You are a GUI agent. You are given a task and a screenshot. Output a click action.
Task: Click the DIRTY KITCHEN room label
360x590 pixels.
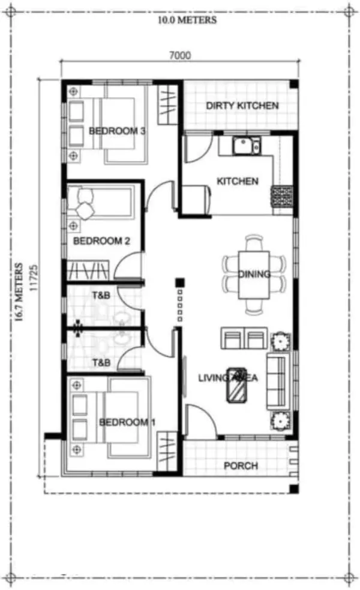coord(242,106)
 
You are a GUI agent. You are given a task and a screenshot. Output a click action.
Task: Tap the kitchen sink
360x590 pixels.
coord(247,146)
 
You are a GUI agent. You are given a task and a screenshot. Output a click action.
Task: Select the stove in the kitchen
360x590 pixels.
coord(282,197)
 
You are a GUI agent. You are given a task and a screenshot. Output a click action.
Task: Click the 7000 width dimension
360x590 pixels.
coord(180,56)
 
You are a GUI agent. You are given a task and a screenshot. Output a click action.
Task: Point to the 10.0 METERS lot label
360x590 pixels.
coord(187,20)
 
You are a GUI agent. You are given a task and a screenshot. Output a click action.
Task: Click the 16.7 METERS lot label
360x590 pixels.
coord(19,291)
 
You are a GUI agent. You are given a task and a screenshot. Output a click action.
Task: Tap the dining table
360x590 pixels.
coord(254,275)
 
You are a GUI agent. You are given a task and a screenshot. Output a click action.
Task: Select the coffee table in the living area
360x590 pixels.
coord(237,385)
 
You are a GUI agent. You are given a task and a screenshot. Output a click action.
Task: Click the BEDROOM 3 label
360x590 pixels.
coord(117,131)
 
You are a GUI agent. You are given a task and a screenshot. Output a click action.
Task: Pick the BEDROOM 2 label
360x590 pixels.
coord(101,241)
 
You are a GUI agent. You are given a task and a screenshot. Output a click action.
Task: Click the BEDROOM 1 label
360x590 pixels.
coord(127,422)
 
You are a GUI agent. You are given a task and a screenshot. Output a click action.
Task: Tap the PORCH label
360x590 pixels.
coord(241,466)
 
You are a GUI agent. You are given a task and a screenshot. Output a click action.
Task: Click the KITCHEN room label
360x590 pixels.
coord(238,181)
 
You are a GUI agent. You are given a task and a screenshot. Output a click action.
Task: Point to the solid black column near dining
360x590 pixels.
coord(180,282)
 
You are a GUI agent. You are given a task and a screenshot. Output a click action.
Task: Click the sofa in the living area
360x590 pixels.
coord(278,381)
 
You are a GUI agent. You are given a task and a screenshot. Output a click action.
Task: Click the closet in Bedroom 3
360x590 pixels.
coord(167,104)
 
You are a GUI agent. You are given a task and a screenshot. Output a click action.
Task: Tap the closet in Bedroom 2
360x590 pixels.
coord(88,270)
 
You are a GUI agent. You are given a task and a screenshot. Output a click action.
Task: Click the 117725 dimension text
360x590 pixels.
coord(34,278)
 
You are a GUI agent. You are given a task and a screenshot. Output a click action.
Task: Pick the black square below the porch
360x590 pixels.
coord(294,489)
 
